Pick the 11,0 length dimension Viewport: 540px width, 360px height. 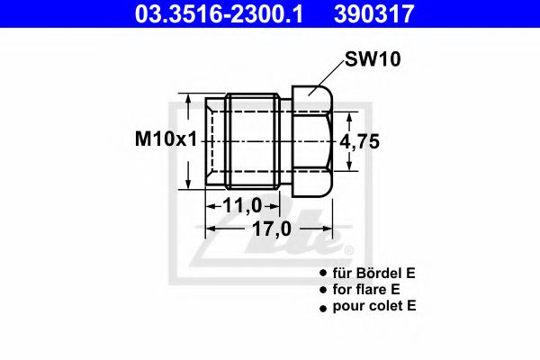point(242,205)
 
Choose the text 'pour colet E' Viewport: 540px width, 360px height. point(375,306)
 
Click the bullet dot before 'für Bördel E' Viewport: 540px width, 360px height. point(322,273)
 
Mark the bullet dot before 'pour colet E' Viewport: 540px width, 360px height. point(322,307)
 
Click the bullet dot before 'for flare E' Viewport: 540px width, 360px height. point(322,290)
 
